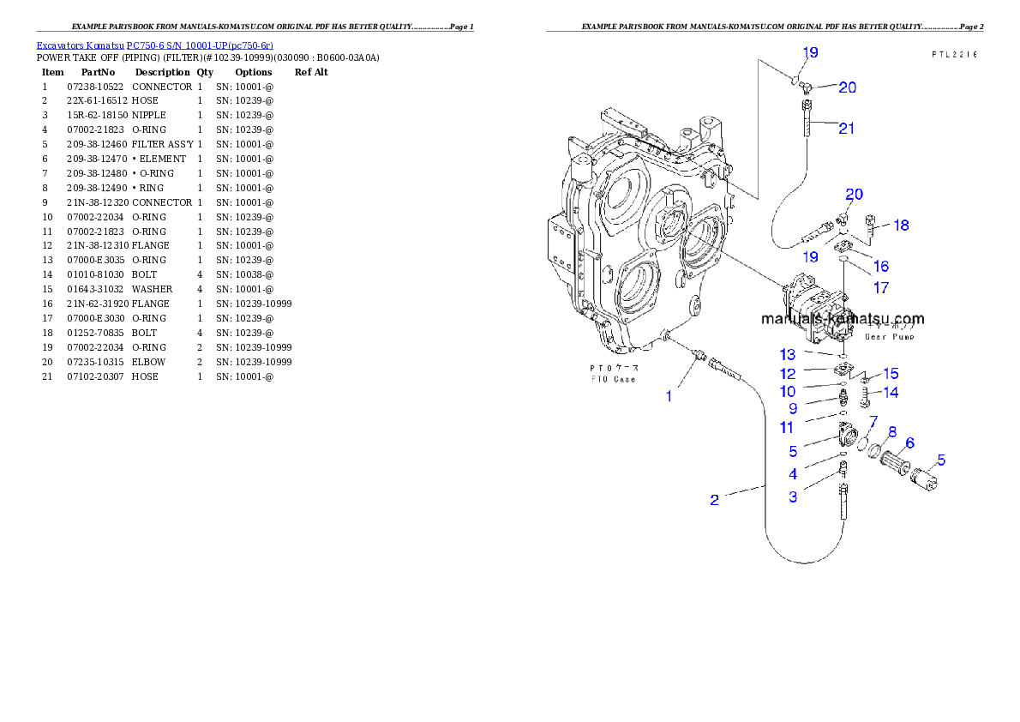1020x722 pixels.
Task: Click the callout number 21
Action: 846,129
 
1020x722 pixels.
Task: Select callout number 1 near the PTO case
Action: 669,396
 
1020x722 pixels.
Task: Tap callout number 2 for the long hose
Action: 714,500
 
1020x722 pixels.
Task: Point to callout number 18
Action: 901,226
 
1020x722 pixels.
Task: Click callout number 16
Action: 880,267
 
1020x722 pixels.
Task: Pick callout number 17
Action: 880,288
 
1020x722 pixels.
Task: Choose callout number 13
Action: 788,354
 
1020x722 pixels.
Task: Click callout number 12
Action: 788,374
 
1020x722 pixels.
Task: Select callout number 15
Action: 891,374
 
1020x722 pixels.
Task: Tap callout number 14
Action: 891,393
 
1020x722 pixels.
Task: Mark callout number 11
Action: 787,427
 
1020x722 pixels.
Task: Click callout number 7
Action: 873,421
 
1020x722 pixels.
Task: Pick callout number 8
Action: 891,431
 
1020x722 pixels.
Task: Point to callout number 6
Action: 909,442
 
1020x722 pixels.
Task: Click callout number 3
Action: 793,496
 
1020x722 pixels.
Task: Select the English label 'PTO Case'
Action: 612,379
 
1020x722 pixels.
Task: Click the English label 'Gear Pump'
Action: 889,337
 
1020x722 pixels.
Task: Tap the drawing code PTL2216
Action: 955,54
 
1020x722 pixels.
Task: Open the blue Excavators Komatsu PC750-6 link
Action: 154,45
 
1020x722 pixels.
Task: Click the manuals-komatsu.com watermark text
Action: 843,319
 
